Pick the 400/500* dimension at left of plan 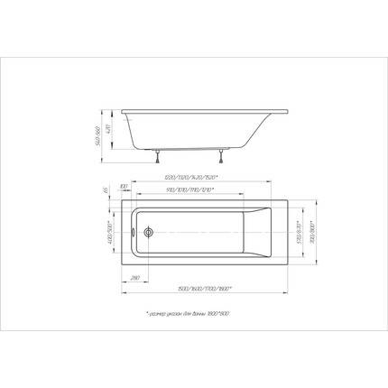point(110,232)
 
